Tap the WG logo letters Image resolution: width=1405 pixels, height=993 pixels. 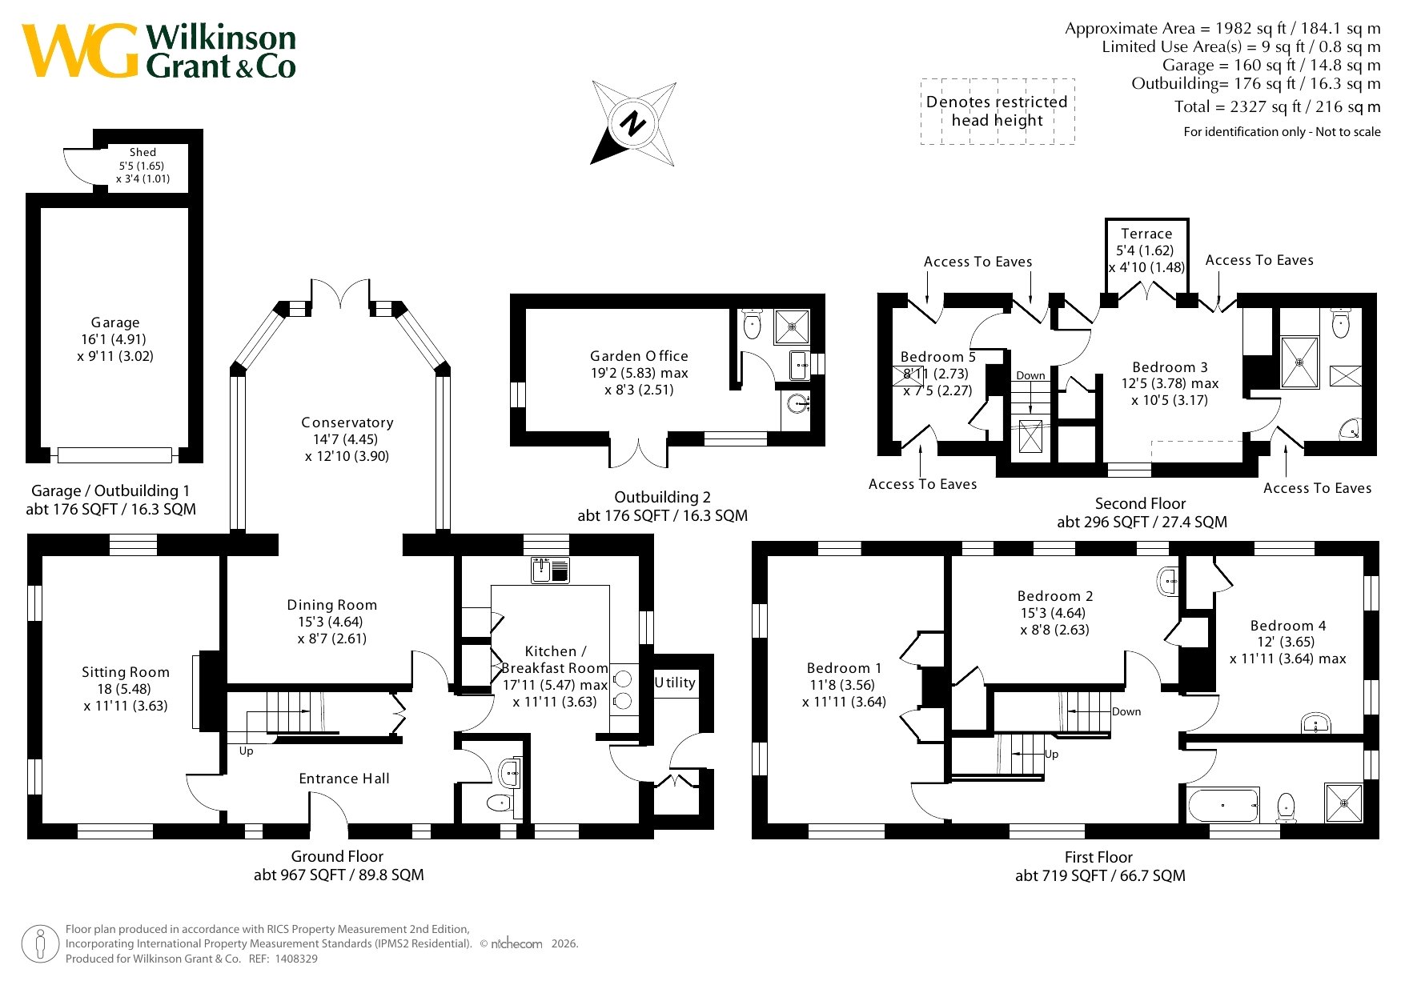click(x=80, y=50)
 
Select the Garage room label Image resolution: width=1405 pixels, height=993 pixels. click(x=115, y=322)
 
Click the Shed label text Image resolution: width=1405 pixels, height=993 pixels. click(x=143, y=152)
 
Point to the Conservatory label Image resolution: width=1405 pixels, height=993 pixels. click(x=347, y=422)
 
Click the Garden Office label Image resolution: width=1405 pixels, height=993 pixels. click(x=639, y=356)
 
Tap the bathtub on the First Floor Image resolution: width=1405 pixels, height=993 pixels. click(x=1224, y=805)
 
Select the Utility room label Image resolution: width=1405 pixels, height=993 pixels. click(x=675, y=683)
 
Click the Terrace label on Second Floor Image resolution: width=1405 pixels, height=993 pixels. click(x=1146, y=234)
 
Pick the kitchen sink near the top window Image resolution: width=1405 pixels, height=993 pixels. click(x=550, y=570)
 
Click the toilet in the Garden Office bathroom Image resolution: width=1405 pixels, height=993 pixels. click(x=752, y=324)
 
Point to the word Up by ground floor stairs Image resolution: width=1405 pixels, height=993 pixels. click(x=246, y=751)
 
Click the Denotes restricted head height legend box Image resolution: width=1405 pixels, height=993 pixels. click(x=997, y=111)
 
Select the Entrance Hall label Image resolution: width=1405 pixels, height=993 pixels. click(x=344, y=779)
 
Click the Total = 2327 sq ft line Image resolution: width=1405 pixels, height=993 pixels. click(x=1277, y=106)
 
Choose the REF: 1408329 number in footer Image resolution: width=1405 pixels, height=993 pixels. click(x=295, y=959)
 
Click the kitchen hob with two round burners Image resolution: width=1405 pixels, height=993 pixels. click(x=624, y=690)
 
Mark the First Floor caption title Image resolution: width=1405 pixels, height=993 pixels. click(x=1098, y=857)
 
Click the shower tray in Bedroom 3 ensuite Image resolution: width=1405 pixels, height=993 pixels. click(x=1299, y=362)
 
